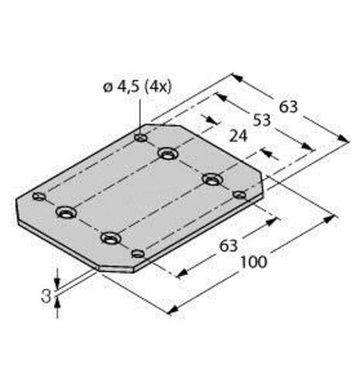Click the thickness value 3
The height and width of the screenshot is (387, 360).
(46, 295)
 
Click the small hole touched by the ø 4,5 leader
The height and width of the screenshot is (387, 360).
(140, 139)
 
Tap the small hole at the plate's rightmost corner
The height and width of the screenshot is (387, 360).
(239, 194)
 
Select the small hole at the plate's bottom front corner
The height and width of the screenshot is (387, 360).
(138, 253)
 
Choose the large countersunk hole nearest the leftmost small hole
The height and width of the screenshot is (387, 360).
(66, 211)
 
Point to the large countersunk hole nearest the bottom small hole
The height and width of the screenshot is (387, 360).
(111, 238)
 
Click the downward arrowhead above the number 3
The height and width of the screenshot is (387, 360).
(57, 281)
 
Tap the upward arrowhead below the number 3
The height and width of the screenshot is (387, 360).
(57, 306)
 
